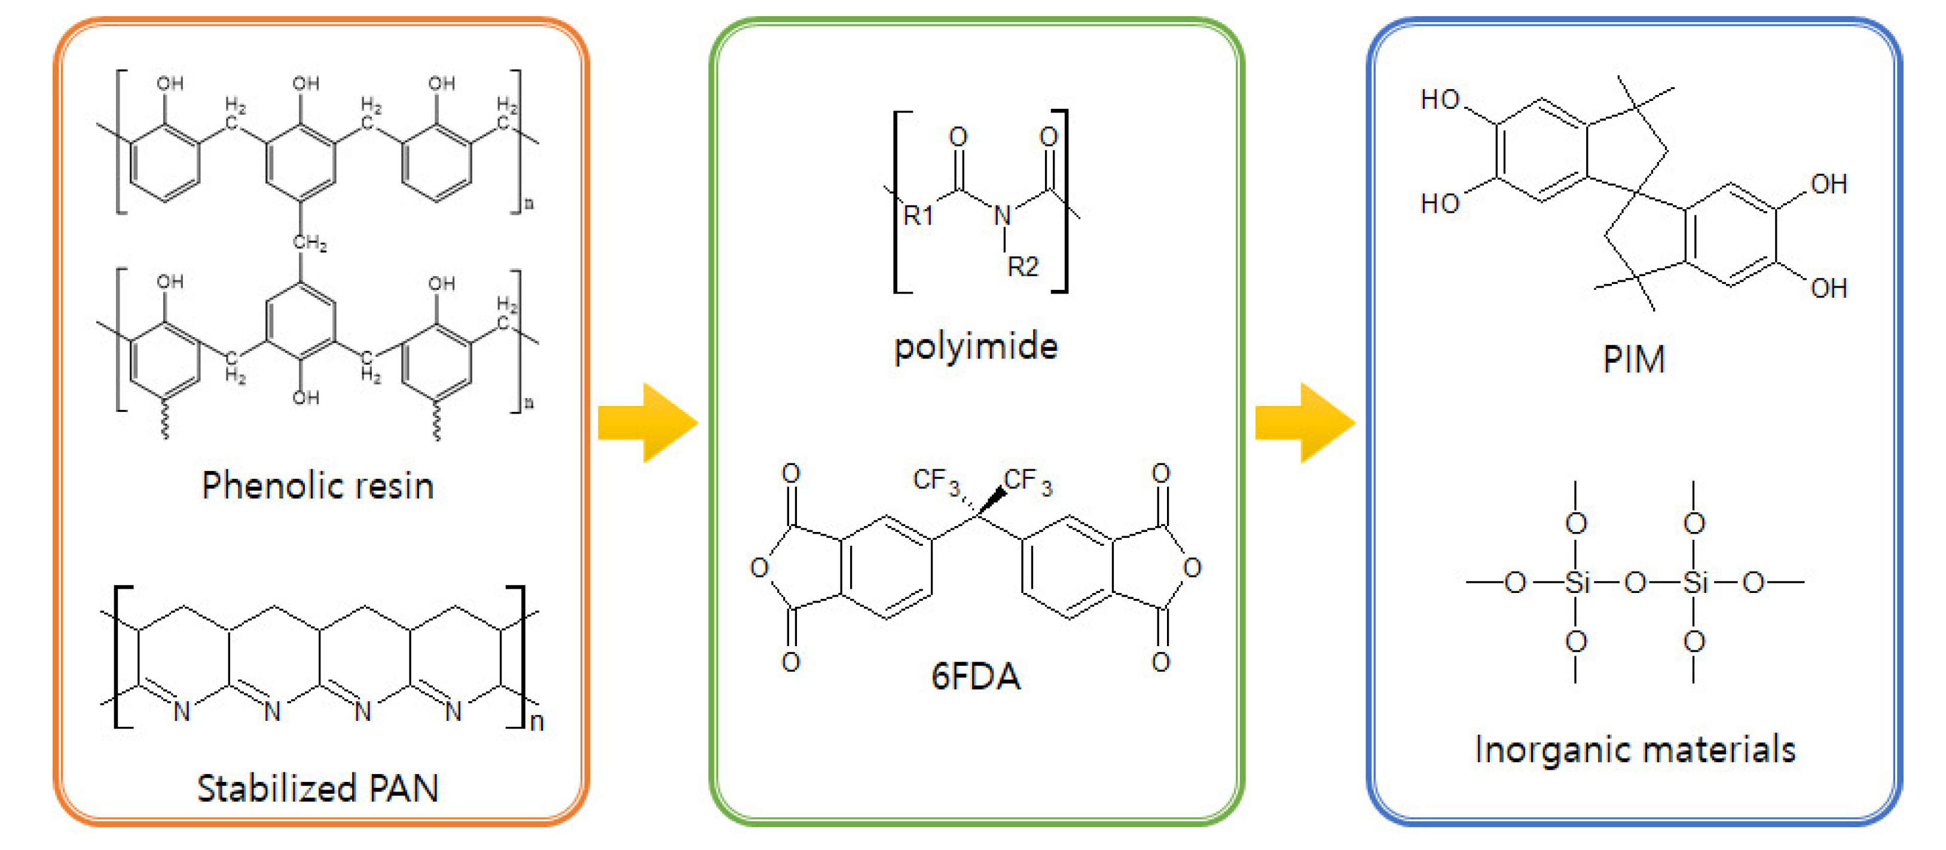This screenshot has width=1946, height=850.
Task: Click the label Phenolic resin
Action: click(317, 486)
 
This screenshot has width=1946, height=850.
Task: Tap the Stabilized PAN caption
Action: click(317, 788)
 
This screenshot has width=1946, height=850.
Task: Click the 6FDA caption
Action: click(975, 675)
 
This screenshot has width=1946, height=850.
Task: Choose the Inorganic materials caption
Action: click(1635, 750)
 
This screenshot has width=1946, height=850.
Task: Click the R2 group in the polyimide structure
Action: click(1023, 266)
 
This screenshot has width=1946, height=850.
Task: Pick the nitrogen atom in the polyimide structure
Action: click(1003, 216)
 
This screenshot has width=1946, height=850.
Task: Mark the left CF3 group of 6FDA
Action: click(935, 481)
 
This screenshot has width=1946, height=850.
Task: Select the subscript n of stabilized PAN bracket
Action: click(536, 722)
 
